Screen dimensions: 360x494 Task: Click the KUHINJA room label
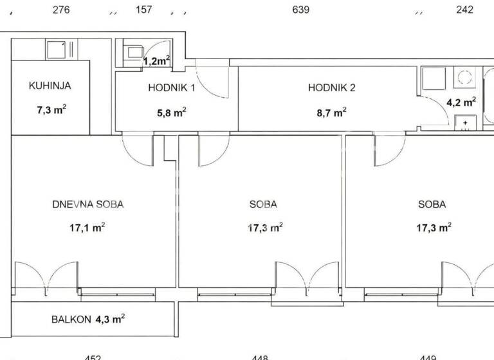coord(50,85)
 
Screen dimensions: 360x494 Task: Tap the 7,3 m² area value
coord(51,110)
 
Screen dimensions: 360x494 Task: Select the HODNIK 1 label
coord(171,87)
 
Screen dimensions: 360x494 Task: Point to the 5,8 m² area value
coord(172,111)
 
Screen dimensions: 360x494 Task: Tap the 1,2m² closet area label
coord(156,61)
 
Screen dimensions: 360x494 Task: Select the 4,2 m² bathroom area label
coord(461,102)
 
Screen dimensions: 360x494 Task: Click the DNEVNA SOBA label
coord(87,204)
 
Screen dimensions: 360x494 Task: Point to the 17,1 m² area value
coord(87,227)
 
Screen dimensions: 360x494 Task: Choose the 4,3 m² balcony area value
coord(110,318)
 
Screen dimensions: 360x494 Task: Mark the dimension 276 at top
coord(60,10)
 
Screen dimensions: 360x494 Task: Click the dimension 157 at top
coord(145,10)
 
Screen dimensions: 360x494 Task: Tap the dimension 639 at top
coord(301,10)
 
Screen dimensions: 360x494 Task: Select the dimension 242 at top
coord(464,10)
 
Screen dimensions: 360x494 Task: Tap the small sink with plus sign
coord(464,122)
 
